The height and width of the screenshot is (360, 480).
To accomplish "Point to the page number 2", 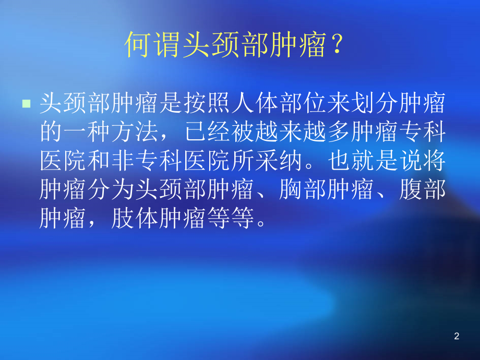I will tap(457, 337).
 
